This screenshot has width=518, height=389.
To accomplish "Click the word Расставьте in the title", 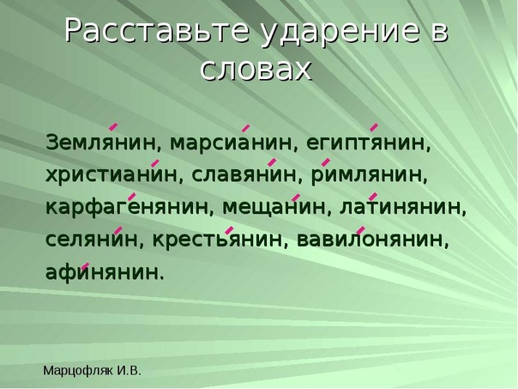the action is [157, 32].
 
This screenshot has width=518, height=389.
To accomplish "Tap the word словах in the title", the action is [256, 70].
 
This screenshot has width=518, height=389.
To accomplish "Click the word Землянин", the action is [100, 143].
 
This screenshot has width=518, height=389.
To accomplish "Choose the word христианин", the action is [111, 174].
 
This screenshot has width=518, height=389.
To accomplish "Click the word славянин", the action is [244, 175].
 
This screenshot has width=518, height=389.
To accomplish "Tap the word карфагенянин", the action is [127, 208].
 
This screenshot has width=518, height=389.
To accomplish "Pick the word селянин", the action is [92, 240].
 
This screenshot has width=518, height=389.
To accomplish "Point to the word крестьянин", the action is [218, 240].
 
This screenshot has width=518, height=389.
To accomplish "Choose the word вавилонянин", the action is [370, 240].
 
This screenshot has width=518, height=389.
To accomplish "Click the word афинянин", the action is [102, 272].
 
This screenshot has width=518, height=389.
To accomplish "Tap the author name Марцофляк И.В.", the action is [92, 371].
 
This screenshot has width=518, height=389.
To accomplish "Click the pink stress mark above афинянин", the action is [85, 266].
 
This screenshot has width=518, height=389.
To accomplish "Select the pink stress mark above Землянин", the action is [113, 126].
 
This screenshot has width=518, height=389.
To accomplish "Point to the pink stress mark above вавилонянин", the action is [361, 230].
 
